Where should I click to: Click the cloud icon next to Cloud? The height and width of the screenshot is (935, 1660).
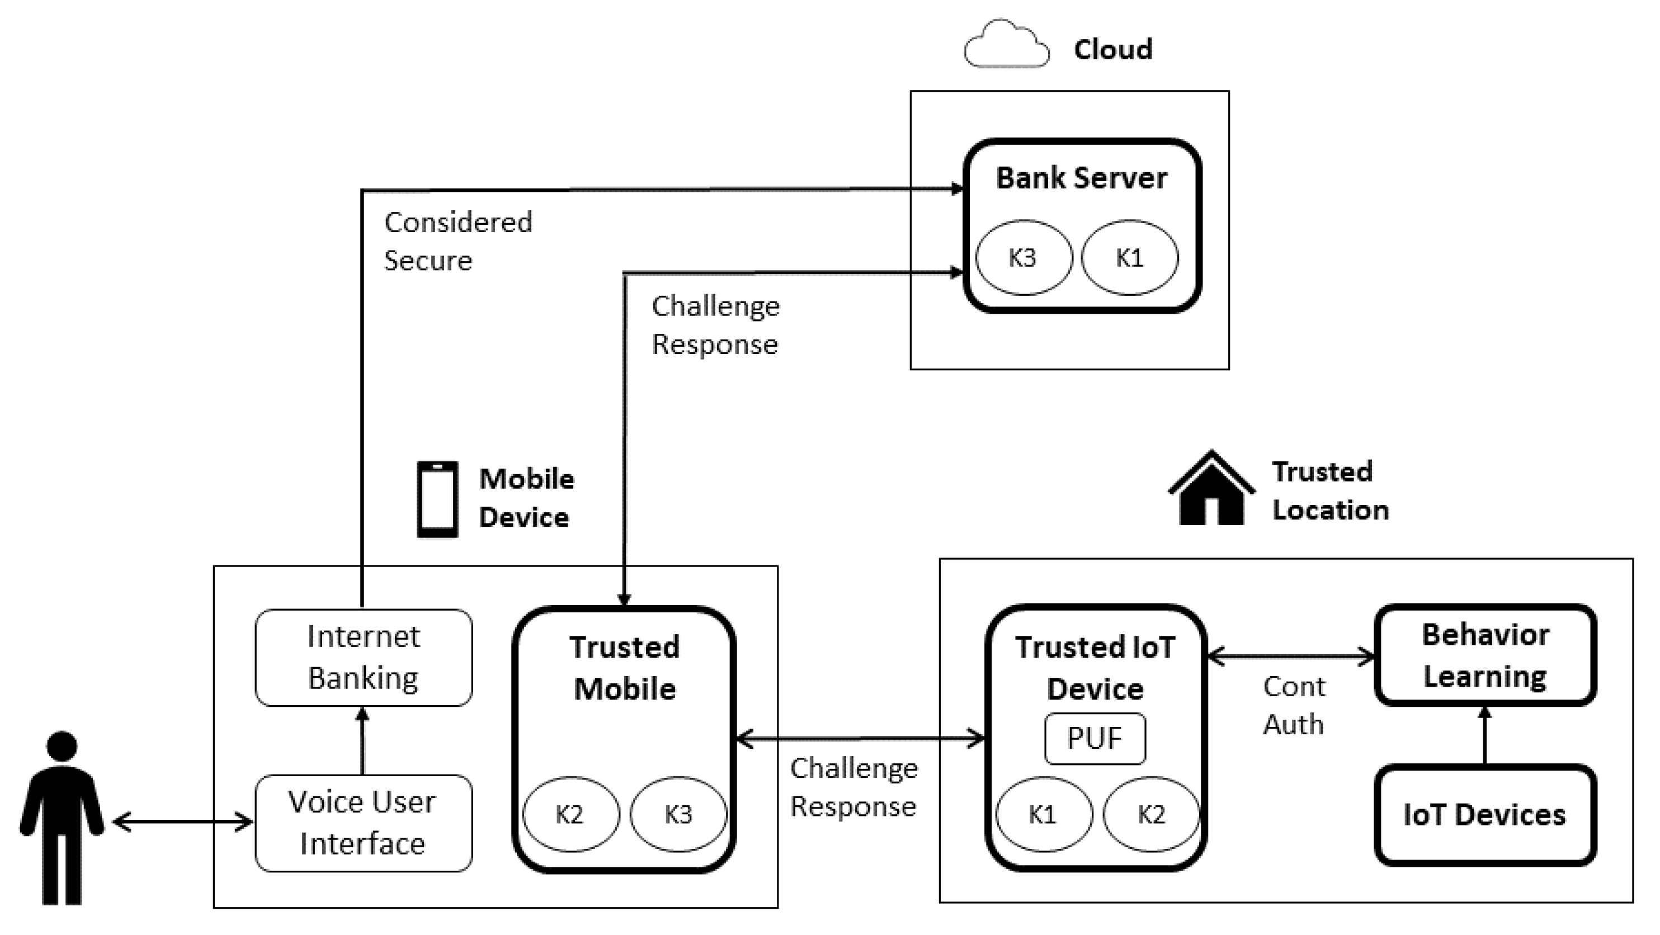coord(1006,45)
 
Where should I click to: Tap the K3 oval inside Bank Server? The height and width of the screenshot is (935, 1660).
coord(1024,258)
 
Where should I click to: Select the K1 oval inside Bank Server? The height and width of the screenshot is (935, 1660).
coord(1129,258)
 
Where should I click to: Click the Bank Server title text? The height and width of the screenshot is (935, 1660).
coord(1081,178)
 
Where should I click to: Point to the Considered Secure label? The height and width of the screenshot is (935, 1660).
coord(458,241)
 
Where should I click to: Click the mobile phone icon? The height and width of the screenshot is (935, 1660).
coord(437,499)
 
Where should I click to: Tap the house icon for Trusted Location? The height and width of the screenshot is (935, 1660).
coord(1211,490)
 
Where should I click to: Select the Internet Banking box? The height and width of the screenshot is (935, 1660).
coord(364,657)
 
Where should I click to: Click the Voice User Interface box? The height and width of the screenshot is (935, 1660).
coord(364,823)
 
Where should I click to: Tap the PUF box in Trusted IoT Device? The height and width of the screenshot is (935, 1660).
coord(1095,739)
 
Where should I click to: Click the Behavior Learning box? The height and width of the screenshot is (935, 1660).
coord(1485,655)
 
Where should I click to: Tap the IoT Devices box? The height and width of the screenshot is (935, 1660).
coord(1485,815)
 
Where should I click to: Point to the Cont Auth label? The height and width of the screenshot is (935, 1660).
coord(1293,705)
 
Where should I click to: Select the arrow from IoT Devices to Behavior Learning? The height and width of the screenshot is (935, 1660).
coord(1485,736)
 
